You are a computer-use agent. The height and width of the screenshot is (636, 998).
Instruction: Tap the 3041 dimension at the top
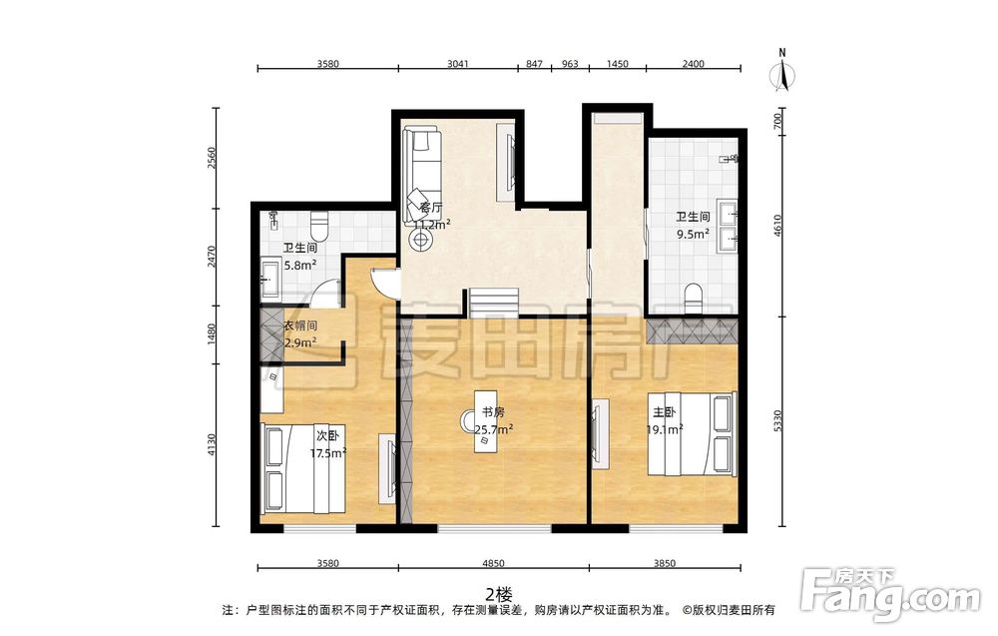point(458,64)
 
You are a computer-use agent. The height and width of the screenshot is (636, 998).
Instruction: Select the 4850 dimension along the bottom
point(493,563)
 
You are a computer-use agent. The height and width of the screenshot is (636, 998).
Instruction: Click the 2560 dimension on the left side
point(213,158)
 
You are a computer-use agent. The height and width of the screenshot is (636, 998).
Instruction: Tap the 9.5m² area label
point(694,234)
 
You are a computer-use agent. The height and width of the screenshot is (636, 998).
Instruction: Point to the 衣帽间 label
point(299,326)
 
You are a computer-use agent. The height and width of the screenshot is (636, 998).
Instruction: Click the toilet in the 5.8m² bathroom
point(318,226)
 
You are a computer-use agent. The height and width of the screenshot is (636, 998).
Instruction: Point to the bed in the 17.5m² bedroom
point(303,468)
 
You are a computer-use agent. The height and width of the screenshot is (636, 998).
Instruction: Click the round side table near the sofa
point(420,240)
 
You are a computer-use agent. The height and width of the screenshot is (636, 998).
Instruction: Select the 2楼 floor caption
point(499,595)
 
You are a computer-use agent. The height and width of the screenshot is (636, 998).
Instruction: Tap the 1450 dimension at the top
point(618,64)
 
